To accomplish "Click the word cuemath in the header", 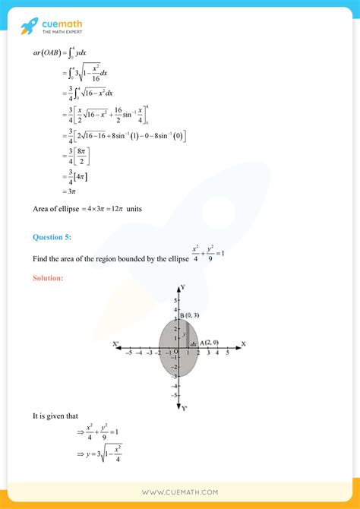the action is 62,24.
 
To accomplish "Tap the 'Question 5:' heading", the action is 52,238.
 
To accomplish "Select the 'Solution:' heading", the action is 48,278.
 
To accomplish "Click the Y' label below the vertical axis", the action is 184,408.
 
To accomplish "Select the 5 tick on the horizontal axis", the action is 226,352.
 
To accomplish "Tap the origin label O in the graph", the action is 175,352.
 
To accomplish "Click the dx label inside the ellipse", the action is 194,346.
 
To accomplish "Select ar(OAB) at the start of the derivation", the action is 47,54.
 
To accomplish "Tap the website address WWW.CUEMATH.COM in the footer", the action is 180,492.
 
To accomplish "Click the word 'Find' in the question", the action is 40,259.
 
